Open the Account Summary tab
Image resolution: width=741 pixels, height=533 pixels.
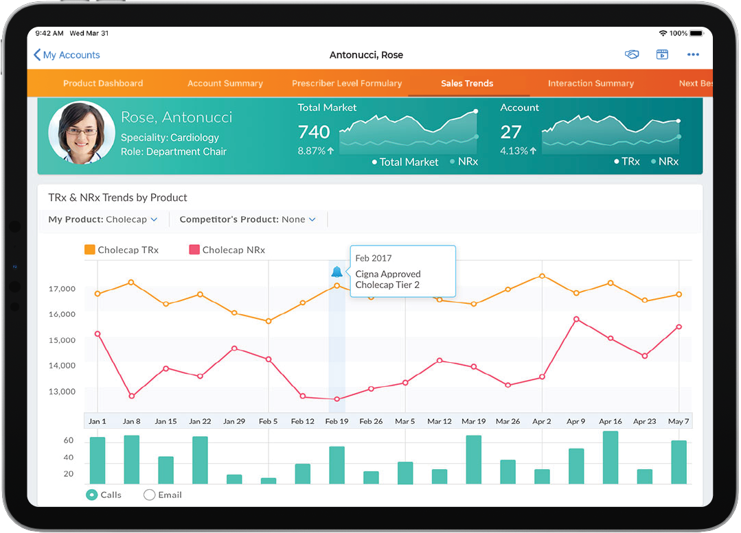(x=225, y=84)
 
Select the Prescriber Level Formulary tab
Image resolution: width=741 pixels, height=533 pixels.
(x=347, y=84)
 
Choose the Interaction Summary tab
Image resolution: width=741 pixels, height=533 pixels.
(x=591, y=84)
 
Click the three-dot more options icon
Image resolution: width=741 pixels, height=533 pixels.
(x=693, y=55)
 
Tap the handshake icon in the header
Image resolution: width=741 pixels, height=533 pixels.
(x=632, y=55)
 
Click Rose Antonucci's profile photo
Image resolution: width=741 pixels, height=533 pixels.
(x=82, y=133)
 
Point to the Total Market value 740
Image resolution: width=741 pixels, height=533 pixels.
(x=314, y=132)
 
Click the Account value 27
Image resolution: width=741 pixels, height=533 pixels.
(x=511, y=132)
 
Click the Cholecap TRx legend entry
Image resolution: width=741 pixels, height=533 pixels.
(x=122, y=250)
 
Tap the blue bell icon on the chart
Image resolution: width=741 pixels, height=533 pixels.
(x=337, y=272)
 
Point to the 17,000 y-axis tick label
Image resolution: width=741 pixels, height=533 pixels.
(x=62, y=289)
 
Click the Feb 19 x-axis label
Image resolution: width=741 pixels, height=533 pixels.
(x=337, y=421)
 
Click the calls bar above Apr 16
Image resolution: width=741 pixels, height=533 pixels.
(x=610, y=458)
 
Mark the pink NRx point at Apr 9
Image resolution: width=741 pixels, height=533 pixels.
(x=576, y=319)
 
